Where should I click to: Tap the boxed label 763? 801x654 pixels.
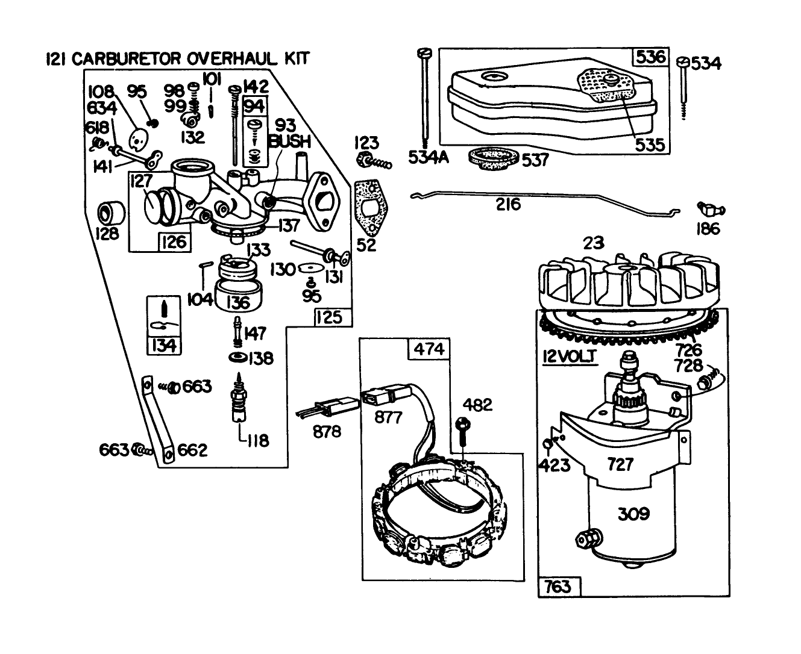tap(558, 585)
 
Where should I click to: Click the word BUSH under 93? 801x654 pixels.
tap(291, 142)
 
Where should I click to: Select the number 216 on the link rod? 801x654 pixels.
tap(508, 204)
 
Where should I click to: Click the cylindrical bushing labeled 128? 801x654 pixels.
tap(112, 213)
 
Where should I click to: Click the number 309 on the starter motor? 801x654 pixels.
tap(633, 514)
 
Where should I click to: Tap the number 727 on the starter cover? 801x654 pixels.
tap(620, 464)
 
